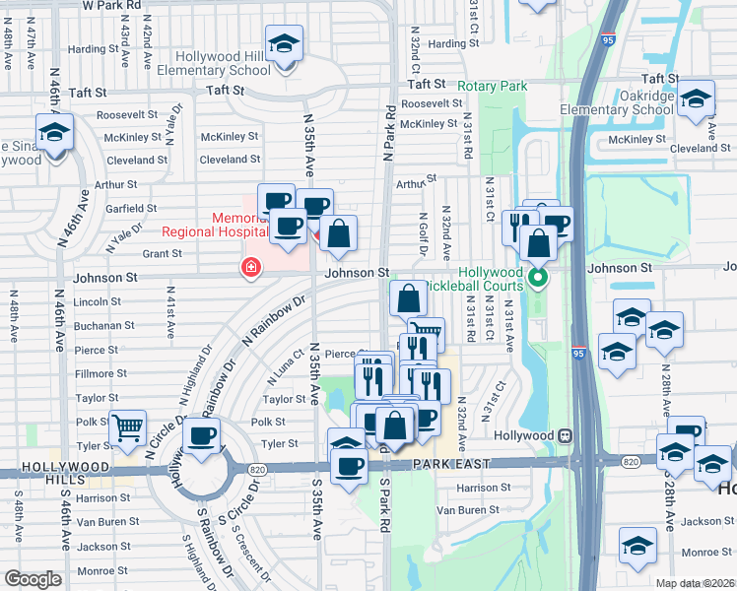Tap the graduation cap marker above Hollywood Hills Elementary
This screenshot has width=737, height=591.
click(285, 45)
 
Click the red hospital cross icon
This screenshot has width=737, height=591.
click(250, 267)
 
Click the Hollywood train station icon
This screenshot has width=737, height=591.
click(566, 435)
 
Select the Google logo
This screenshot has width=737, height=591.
click(33, 579)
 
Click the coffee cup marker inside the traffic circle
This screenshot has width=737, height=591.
click(202, 436)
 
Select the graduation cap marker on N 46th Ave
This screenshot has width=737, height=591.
click(55, 134)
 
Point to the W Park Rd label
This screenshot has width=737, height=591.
click(111, 5)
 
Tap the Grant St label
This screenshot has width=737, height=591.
click(163, 253)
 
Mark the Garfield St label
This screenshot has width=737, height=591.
click(132, 208)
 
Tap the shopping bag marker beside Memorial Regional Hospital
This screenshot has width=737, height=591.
click(338, 234)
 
